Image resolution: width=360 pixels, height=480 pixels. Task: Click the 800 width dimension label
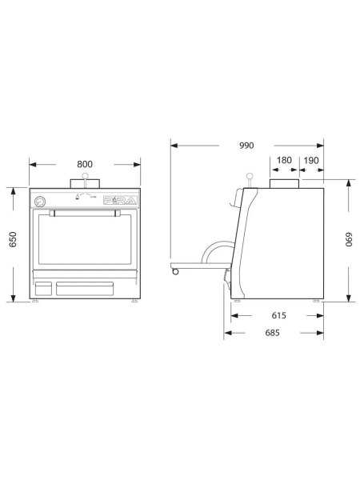click(x=84, y=164)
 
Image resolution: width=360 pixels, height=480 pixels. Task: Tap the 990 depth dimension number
click(x=246, y=146)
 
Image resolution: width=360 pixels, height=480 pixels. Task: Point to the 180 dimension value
click(x=283, y=160)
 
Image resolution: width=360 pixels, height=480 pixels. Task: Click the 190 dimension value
click(x=311, y=160)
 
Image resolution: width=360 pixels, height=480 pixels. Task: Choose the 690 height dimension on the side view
click(x=348, y=240)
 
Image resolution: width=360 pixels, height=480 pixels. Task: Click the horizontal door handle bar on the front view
click(x=84, y=213)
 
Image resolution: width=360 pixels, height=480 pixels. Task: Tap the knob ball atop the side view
click(x=249, y=177)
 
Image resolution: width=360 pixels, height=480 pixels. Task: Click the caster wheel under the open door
click(x=174, y=272)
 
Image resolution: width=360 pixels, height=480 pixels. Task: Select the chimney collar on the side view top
click(x=284, y=185)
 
